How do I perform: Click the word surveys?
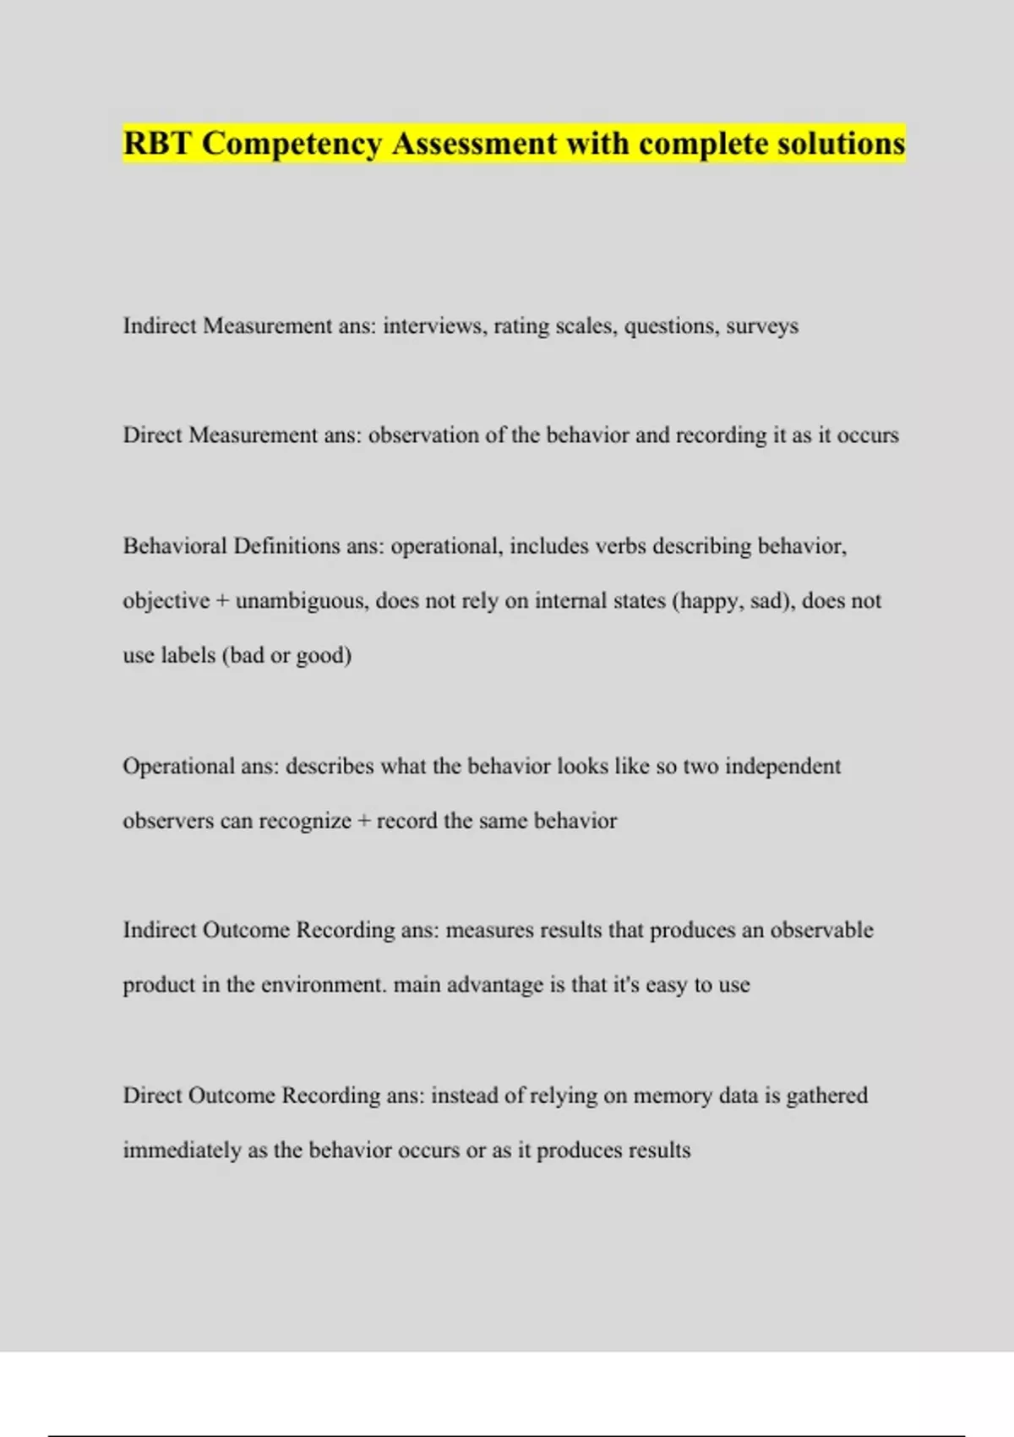point(762,326)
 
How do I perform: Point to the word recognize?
point(305,821)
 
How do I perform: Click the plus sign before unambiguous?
point(223,601)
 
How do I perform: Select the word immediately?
point(182,1150)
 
